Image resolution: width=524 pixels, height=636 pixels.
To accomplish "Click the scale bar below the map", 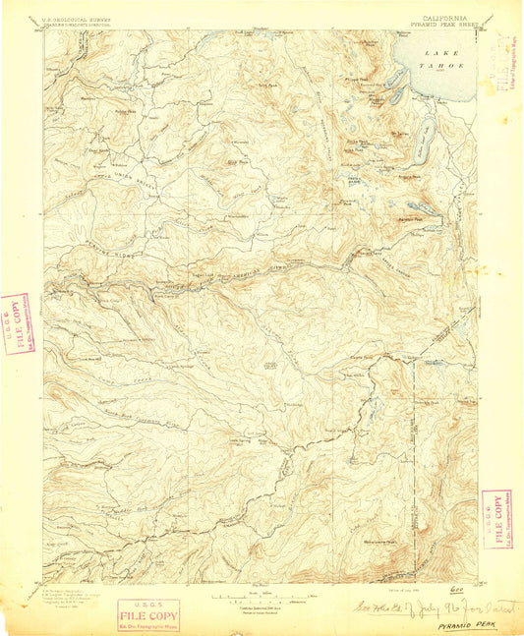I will click(x=261, y=597).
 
